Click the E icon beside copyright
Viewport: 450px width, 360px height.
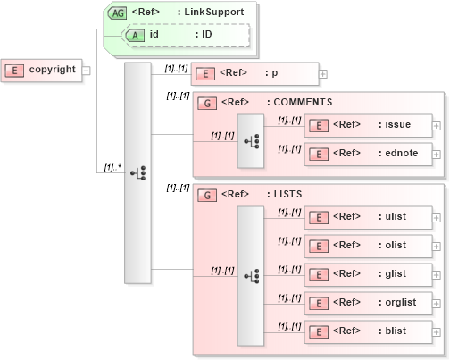pos(14,70)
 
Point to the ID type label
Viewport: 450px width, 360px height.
pos(206,34)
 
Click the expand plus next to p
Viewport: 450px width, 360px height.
pos(322,74)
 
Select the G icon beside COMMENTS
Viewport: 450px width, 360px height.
pos(206,102)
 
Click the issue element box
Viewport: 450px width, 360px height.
pos(367,124)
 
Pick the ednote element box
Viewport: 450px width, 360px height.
pos(367,153)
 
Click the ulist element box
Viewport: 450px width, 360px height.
pos(367,216)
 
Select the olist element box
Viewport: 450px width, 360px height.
pos(367,245)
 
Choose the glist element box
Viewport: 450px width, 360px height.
pos(367,273)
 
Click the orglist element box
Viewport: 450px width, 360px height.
pos(367,302)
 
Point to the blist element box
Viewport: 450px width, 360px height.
pos(367,331)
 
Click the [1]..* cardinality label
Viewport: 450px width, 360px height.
pos(112,166)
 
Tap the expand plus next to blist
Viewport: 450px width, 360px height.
pos(436,331)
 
